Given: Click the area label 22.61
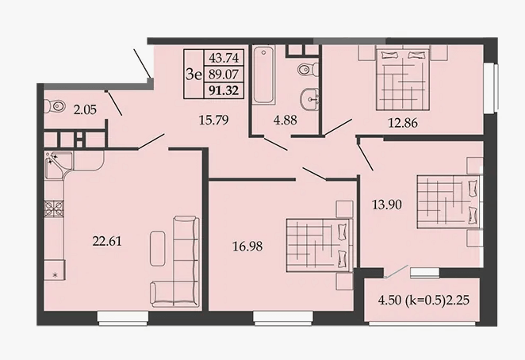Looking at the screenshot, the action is tap(107, 241).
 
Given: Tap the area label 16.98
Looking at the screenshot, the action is tap(247, 247).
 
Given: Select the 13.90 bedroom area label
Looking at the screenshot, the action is tap(387, 205).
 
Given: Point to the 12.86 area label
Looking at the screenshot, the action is tap(403, 123).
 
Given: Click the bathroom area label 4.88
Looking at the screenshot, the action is tap(285, 120).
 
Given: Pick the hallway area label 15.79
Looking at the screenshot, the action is tap(213, 120).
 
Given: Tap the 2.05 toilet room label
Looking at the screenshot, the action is tap(85, 109).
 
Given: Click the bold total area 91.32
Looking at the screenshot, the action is tap(224, 90).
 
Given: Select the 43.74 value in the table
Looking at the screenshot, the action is tap(224, 58).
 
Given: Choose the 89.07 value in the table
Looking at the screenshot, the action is tap(224, 75).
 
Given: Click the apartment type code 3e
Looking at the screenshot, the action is tap(194, 75).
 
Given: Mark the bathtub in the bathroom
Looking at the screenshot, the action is tap(264, 75).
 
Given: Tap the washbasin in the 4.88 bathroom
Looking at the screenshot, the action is tap(310, 99).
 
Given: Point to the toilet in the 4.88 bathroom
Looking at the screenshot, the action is tap(308, 70).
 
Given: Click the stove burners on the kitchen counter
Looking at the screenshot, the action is tap(54, 209).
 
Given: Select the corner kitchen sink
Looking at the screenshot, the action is tap(59, 166).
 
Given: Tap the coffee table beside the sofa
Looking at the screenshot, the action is tap(158, 248).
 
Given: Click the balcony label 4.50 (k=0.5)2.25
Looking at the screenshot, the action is tap(423, 300).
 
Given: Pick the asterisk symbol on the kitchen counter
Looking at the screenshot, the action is tap(56, 276).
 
